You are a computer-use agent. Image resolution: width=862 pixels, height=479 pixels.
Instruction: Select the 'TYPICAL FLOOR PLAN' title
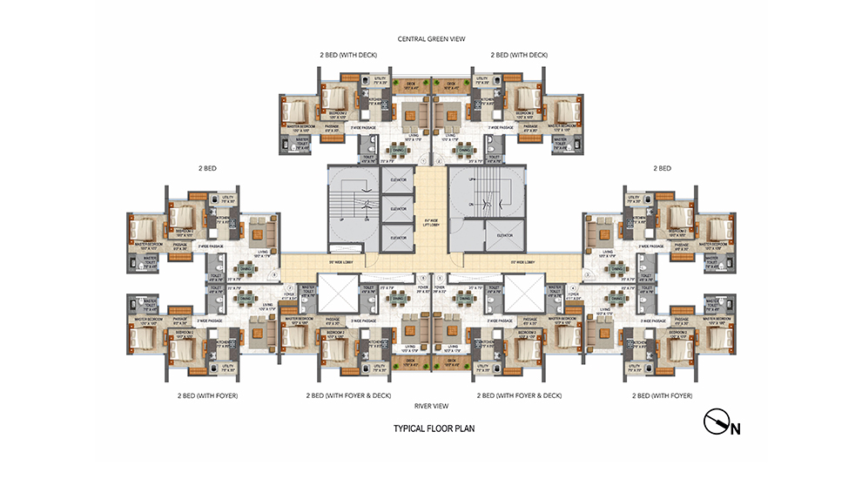point(433,428)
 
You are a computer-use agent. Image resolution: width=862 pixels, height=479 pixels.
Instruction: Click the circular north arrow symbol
point(717,422)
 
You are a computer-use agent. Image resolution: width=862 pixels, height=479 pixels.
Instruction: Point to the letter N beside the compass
point(736,428)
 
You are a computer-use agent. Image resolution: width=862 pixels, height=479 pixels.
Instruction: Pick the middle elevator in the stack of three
point(397,209)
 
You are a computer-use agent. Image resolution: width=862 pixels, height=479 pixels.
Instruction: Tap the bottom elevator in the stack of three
point(397,237)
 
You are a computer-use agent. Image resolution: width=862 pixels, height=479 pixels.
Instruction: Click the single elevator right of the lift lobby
point(504,234)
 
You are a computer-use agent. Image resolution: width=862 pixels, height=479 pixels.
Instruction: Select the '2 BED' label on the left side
point(207,168)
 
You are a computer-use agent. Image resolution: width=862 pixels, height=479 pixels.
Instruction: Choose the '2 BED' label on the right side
point(662,168)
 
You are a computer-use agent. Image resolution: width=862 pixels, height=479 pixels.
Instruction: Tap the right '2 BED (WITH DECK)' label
point(519,55)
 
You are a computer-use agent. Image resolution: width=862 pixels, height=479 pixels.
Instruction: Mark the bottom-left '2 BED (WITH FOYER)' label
point(207,395)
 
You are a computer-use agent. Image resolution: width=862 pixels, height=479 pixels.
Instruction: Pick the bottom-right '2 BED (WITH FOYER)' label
point(662,395)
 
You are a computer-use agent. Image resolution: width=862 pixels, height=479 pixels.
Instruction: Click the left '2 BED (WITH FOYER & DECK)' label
point(348,395)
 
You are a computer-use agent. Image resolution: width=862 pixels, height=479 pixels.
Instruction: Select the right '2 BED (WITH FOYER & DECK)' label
point(520,395)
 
